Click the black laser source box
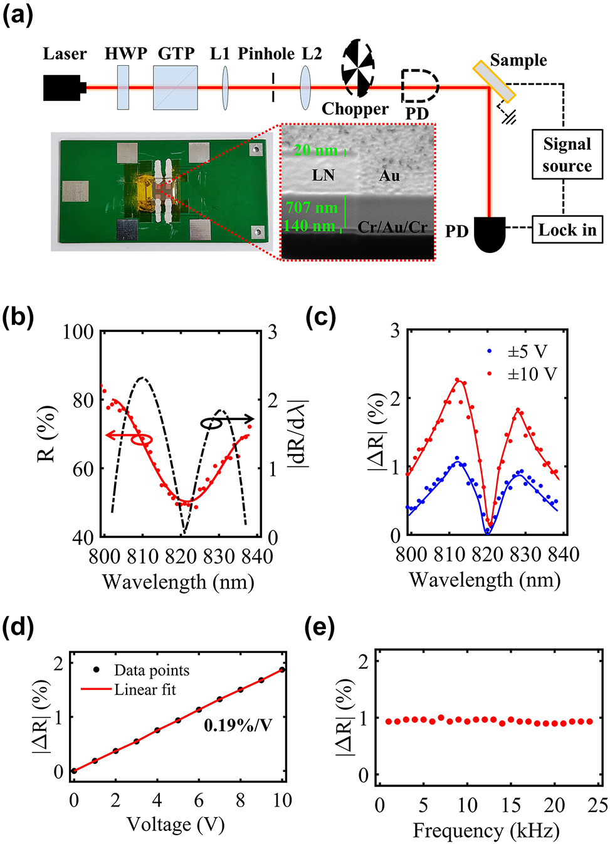[63, 88]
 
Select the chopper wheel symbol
[357, 69]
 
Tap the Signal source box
[567, 155]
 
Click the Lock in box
[567, 230]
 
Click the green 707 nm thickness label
[312, 207]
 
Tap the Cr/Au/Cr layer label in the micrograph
[392, 227]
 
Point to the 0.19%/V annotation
[238, 726]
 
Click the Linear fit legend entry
[144, 690]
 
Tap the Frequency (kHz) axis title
[486, 831]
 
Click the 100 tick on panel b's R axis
[78, 332]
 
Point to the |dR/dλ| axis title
[297, 433]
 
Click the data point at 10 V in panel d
[282, 670]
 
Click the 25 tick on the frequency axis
[598, 805]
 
